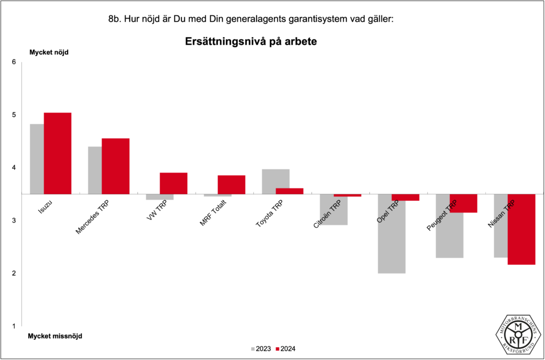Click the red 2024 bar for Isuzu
pos(57,153)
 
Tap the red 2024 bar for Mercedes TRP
pos(115,166)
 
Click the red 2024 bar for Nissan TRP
pos(521,229)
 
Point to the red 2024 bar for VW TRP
pos(174,183)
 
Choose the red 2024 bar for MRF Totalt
pos(232,184)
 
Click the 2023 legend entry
pos(261,349)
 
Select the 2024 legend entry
pos(286,349)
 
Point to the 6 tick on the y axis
pos(14,62)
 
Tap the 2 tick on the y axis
pos(14,273)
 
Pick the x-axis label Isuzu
pos(45,207)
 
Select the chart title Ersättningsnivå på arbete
pos(251,41)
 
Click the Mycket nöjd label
pos(48,52)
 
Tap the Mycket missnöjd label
pos(55,336)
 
